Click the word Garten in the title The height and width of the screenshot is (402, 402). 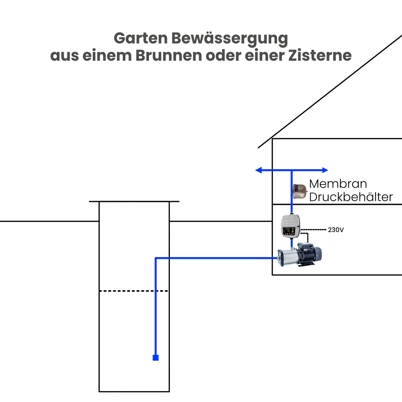(x=141, y=38)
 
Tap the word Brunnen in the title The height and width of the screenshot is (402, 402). (x=169, y=56)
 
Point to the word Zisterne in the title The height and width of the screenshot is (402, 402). (x=320, y=56)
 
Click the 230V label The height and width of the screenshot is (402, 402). (x=336, y=230)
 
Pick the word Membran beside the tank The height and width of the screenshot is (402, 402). (x=338, y=184)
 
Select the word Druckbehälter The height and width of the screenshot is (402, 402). (x=351, y=197)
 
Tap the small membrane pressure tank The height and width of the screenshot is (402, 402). (x=300, y=191)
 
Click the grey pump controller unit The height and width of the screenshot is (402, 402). (x=290, y=226)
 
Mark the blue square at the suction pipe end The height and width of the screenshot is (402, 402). (x=156, y=358)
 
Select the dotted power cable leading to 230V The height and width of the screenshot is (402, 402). (x=313, y=229)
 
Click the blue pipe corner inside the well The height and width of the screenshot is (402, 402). (x=156, y=258)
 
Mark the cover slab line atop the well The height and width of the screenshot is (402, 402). (x=134, y=201)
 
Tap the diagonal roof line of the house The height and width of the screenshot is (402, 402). (x=331, y=91)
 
